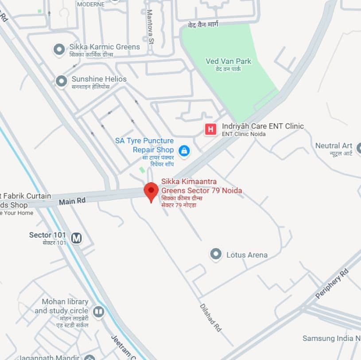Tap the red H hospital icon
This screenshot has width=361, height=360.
pos(210,129)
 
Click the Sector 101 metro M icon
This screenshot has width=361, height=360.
pos(77,238)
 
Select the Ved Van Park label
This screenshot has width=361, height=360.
pos(228,62)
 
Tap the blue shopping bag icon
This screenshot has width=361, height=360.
pos(184,151)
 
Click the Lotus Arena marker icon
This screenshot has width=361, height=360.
pos(216,254)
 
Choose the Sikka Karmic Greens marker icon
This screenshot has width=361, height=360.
pos(59,49)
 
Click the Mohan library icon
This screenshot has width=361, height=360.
pos(98,312)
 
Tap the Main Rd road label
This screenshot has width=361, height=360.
pos(72,201)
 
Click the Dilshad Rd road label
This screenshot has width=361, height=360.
pos(210,317)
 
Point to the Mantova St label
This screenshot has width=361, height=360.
pos(150,27)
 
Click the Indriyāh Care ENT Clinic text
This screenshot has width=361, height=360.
pos(263,126)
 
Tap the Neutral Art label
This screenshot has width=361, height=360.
pos(334,146)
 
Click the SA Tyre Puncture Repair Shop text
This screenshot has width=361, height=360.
pos(144,145)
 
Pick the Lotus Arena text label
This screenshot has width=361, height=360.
pos(247,255)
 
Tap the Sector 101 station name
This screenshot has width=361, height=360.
pos(47,235)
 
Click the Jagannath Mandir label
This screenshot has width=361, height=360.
pos(49,357)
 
